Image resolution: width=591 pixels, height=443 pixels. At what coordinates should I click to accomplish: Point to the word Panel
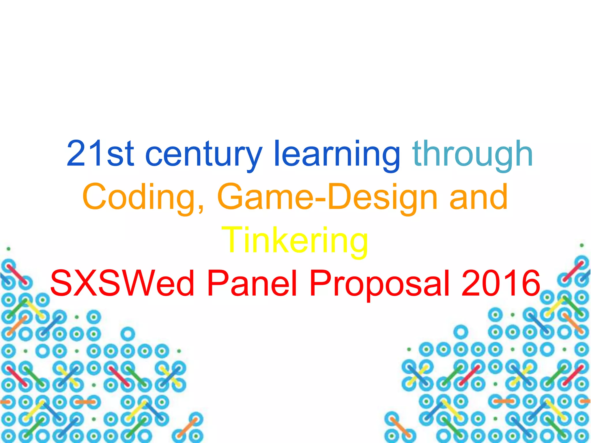click(252, 283)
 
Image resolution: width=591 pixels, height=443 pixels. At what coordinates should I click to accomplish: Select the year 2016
click(501, 283)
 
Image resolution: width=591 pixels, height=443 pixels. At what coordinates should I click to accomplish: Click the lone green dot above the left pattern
click(8, 248)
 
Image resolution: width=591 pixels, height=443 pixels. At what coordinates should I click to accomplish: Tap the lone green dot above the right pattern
click(582, 245)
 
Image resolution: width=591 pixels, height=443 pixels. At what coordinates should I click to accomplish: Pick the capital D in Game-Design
click(341, 196)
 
